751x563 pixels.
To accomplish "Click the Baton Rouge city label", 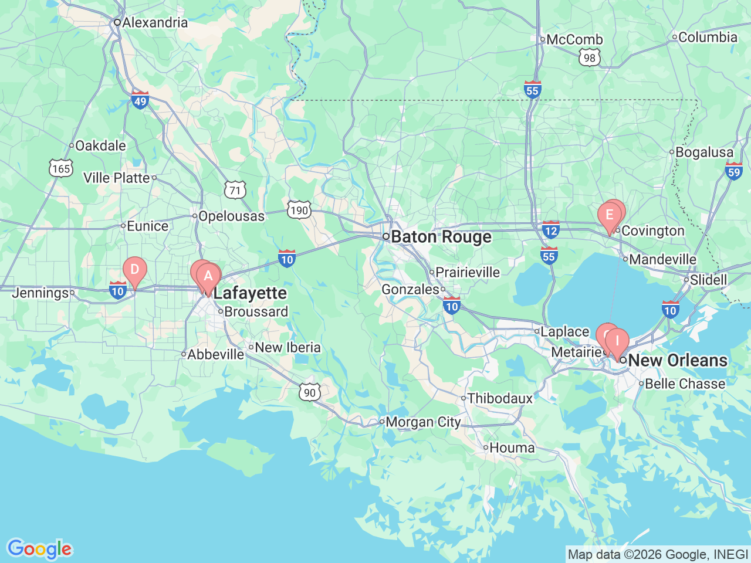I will pos(441,237).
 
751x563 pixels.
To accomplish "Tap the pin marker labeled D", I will pos(134,270).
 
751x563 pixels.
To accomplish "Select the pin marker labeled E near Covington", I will pos(610,215).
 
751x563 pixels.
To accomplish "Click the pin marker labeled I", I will pos(617,341).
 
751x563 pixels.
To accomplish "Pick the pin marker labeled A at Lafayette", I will pos(208,276).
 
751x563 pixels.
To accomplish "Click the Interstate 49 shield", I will pos(140,100).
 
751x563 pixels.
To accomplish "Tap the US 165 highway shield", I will pos(61,168).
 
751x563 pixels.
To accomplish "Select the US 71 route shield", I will pos(235,190).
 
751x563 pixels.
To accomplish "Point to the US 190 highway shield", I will pos(299,211).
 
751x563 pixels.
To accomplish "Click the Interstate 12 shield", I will pos(550,230).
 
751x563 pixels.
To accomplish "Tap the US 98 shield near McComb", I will pos(589,57).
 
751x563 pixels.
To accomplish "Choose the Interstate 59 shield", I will pos(733,171).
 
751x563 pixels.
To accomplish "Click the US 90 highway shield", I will pos(309,392).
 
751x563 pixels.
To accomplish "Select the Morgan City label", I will pos(423,422).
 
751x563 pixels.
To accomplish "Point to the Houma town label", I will pos(512,448).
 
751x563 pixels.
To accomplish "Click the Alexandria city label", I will pos(155,23).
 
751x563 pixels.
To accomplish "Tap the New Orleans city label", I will pos(678,360).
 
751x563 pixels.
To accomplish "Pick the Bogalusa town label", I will pos(704,152).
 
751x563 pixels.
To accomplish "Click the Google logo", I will pos(39,549).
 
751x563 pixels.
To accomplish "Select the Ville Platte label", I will pos(116,178).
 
